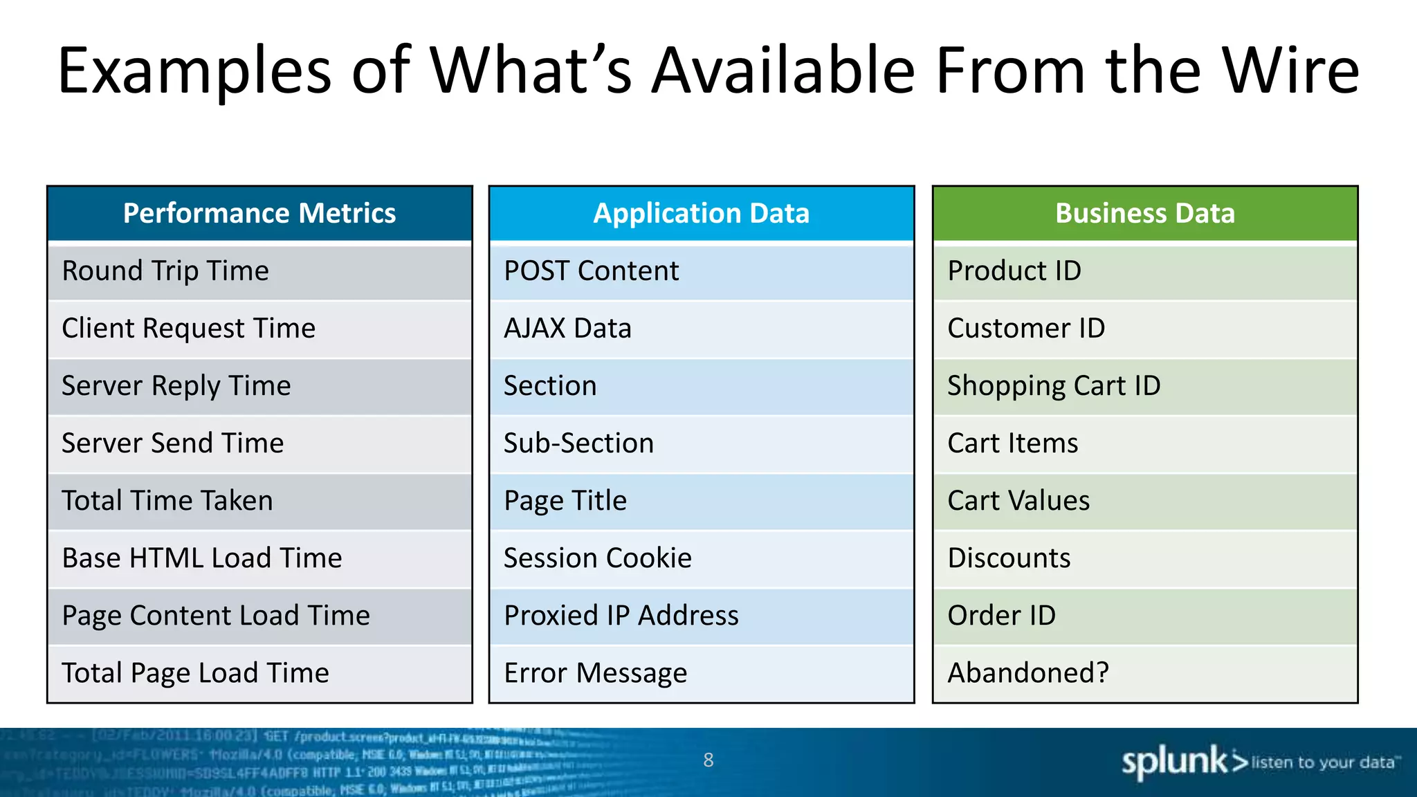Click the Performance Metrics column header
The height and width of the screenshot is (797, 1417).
pyautogui.click(x=259, y=213)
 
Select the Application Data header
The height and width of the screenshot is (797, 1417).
pyautogui.click(x=701, y=213)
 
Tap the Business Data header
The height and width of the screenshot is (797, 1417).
pyautogui.click(x=1144, y=213)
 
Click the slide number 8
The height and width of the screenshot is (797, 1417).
pyautogui.click(x=708, y=760)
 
